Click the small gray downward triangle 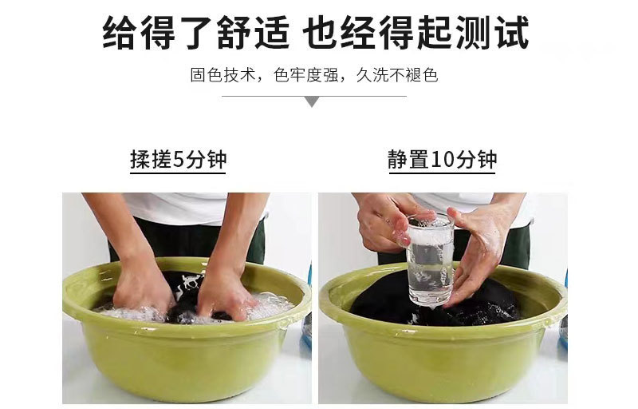tap(313, 101)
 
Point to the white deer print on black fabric tap(190, 281)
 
